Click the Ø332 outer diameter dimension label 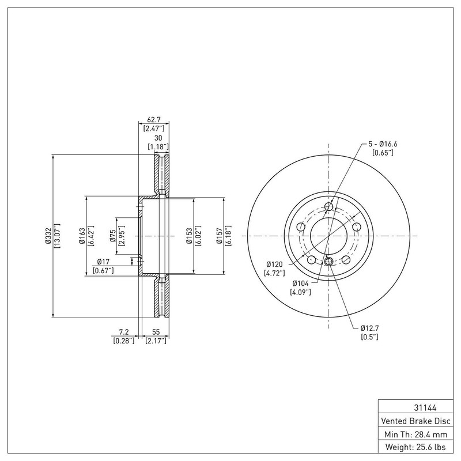tap(49, 236)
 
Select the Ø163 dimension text tap(82, 236)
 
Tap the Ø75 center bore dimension tap(113, 236)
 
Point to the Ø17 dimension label tap(103, 262)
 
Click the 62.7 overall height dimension tap(154, 120)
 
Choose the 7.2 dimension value tap(124, 332)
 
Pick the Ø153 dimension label tap(190, 236)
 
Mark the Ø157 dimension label tap(220, 236)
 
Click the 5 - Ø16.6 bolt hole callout tap(383, 143)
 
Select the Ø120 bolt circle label tap(274, 264)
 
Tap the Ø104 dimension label tap(300, 284)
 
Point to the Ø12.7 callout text tap(370, 328)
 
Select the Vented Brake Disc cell tap(415, 421)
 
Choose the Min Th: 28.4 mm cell tap(415, 434)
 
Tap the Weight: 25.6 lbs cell tap(415, 447)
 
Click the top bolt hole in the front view tap(328, 207)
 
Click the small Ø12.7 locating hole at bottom tap(328, 260)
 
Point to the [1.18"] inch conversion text tap(158, 147)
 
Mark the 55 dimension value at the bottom tap(156, 332)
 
